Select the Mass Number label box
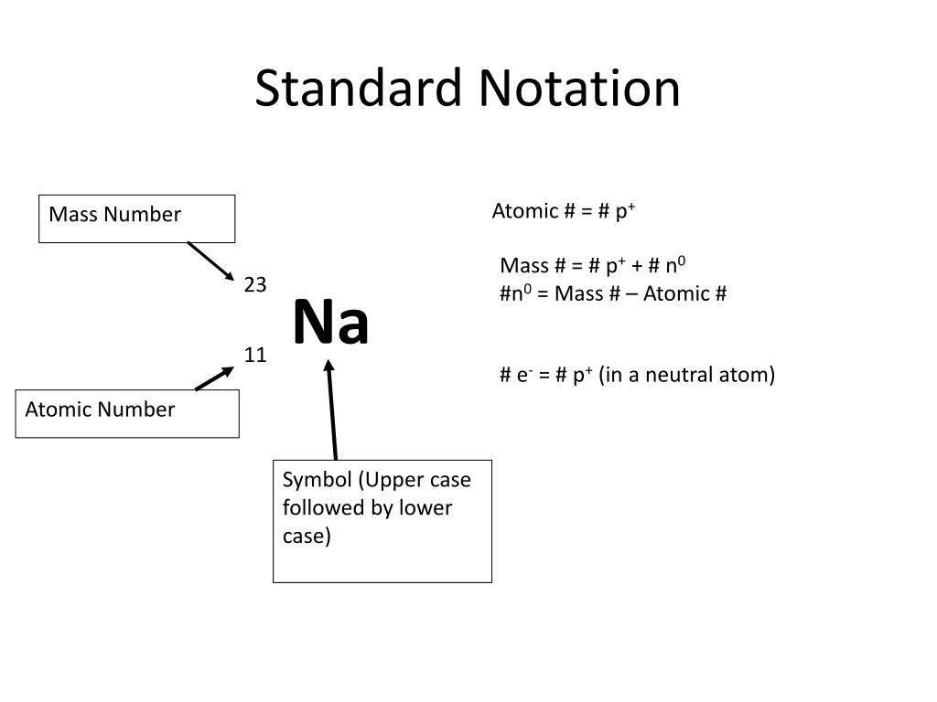pos(136,218)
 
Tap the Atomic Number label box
pos(127,413)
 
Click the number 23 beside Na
pos(255,285)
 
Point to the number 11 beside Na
pos(255,355)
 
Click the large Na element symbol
pos(330,323)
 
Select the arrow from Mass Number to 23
pos(211,261)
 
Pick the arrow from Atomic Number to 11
pos(215,378)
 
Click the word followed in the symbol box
pos(322,508)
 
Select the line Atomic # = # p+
pos(564,212)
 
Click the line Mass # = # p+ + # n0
pos(593,266)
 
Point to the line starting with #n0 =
pos(613,293)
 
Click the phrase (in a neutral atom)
pos(687,375)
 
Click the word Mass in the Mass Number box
pos(72,215)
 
